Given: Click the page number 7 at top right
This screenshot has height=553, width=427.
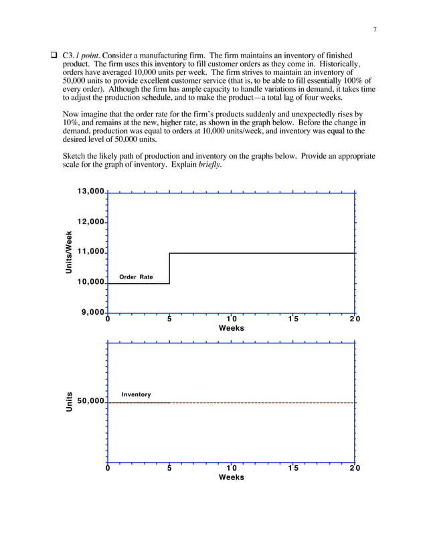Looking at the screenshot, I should point(375,28).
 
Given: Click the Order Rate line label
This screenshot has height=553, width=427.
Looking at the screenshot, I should point(136,276).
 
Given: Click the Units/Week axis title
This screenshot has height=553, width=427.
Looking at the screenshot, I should point(68,252).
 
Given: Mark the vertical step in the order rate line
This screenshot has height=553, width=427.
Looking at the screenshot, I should point(169,268).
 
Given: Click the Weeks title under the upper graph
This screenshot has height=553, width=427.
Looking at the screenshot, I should point(231,328).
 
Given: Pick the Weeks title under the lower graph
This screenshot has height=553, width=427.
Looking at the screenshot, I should point(231,477).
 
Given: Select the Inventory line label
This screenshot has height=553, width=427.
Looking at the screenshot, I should point(136,395).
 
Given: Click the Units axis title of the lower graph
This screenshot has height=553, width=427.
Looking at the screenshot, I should point(68,401).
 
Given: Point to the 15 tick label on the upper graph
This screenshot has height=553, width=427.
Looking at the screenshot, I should point(293,319).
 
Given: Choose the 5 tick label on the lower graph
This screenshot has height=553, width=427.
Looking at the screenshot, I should point(169,469).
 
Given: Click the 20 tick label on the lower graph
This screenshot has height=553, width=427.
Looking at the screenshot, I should point(354,469).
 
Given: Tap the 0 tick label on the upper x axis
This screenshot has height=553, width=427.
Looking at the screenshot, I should point(107,319).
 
